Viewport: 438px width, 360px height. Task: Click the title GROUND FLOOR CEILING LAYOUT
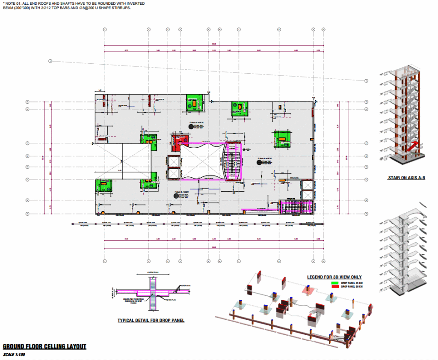[44, 346]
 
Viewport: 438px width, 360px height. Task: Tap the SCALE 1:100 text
[14, 354]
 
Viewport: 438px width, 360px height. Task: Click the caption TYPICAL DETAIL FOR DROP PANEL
[151, 320]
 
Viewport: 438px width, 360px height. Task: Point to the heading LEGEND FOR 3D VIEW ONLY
[334, 277]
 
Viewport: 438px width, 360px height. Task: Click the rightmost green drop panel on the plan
[281, 138]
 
